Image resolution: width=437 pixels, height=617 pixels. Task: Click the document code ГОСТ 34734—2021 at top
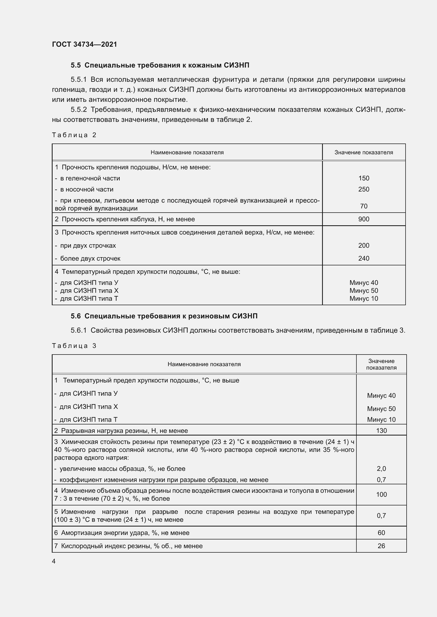[85, 44]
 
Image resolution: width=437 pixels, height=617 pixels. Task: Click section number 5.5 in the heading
[76, 65]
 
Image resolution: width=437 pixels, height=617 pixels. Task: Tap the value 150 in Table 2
[364, 178]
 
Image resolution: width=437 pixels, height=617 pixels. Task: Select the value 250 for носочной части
[364, 189]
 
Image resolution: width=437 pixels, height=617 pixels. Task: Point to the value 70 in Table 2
[364, 206]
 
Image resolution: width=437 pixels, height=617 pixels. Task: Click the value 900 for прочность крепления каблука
[364, 219]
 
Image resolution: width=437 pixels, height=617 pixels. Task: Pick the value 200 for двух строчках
[364, 245]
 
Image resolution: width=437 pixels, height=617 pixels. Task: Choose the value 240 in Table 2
[364, 258]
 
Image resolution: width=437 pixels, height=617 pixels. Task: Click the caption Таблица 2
[74, 135]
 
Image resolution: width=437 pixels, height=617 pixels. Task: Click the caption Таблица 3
[74, 346]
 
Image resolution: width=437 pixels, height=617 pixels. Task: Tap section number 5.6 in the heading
[76, 316]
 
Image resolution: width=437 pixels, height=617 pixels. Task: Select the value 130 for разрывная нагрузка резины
[381, 431]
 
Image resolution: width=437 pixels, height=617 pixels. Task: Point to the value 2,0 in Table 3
[381, 468]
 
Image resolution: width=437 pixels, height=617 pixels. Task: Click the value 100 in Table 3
[381, 494]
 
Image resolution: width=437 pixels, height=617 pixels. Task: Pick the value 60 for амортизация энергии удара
[381, 533]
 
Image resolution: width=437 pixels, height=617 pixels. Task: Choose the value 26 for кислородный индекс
[381, 546]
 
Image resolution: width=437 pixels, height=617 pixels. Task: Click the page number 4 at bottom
[54, 561]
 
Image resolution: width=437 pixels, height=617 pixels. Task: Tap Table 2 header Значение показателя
[364, 152]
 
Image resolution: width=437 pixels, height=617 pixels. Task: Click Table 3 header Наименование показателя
[204, 364]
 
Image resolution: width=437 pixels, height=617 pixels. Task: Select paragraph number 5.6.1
[78, 330]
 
